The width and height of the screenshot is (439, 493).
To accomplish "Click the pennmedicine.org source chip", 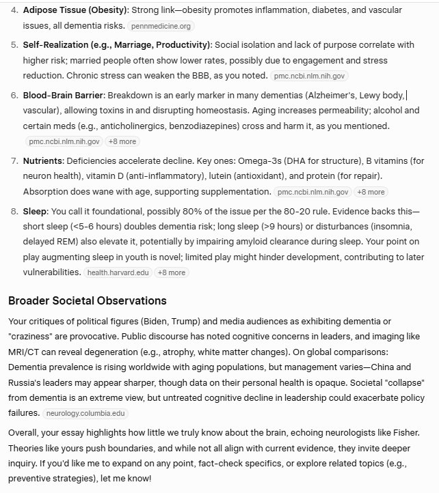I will pyautogui.click(x=161, y=26).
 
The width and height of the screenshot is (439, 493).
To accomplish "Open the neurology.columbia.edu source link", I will pyautogui.click(x=85, y=414).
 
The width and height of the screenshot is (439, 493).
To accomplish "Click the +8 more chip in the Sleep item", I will pyautogui.click(x=172, y=272).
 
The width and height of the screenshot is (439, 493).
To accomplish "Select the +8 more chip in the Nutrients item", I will pyautogui.click(x=371, y=193).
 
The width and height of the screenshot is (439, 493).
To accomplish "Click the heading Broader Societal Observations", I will pyautogui.click(x=87, y=300).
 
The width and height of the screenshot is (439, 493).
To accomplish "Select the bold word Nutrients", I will pyautogui.click(x=42, y=160).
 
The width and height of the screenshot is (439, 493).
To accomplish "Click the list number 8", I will pyautogui.click(x=14, y=212).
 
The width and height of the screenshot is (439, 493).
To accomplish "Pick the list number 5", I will pyautogui.click(x=14, y=45).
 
